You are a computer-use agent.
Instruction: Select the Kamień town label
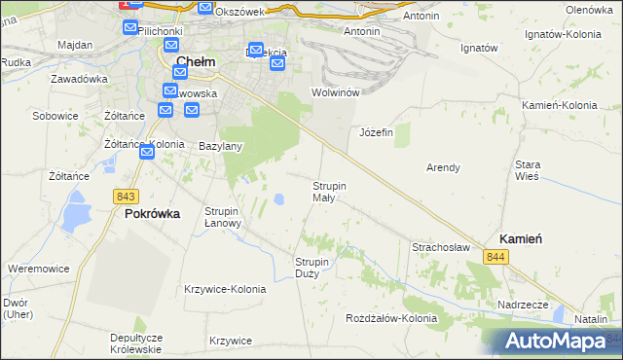coord(521,238)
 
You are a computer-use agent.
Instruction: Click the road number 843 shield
coord(125,196)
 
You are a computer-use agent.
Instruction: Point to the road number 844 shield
coord(496,256)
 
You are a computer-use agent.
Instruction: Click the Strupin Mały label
coord(330,192)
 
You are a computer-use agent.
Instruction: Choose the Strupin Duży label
coord(312,268)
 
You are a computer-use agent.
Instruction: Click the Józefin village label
coord(376,132)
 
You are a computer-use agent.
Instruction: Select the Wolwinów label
coord(336,91)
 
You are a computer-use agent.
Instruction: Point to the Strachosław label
coord(440,247)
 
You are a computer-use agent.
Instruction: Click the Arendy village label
coord(443,167)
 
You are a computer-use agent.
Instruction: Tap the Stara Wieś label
coord(528,171)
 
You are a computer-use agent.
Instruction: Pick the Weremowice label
coord(37,268)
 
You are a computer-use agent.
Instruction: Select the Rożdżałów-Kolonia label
coord(392,318)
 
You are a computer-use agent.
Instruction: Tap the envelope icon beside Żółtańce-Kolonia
coord(147,152)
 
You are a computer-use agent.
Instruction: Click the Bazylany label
coord(220,146)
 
